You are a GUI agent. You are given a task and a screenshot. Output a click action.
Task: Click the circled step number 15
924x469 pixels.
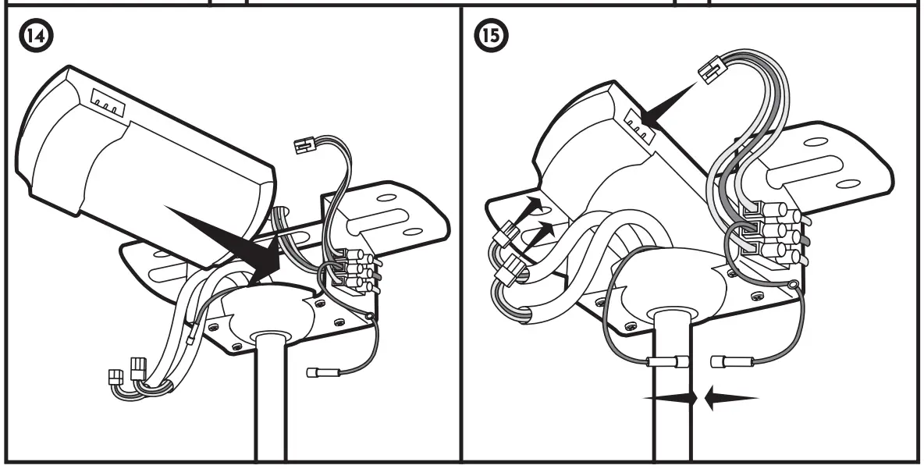pyautogui.click(x=492, y=35)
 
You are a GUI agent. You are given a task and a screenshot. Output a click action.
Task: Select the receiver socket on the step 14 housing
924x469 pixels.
pyautogui.click(x=107, y=103)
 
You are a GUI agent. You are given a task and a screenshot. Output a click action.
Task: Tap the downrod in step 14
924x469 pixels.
pyautogui.click(x=270, y=398)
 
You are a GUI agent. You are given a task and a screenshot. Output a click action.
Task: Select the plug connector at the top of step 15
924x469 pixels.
pyautogui.click(x=711, y=70)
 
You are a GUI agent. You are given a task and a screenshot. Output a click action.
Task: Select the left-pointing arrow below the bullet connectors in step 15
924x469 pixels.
pyautogui.click(x=730, y=398)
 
